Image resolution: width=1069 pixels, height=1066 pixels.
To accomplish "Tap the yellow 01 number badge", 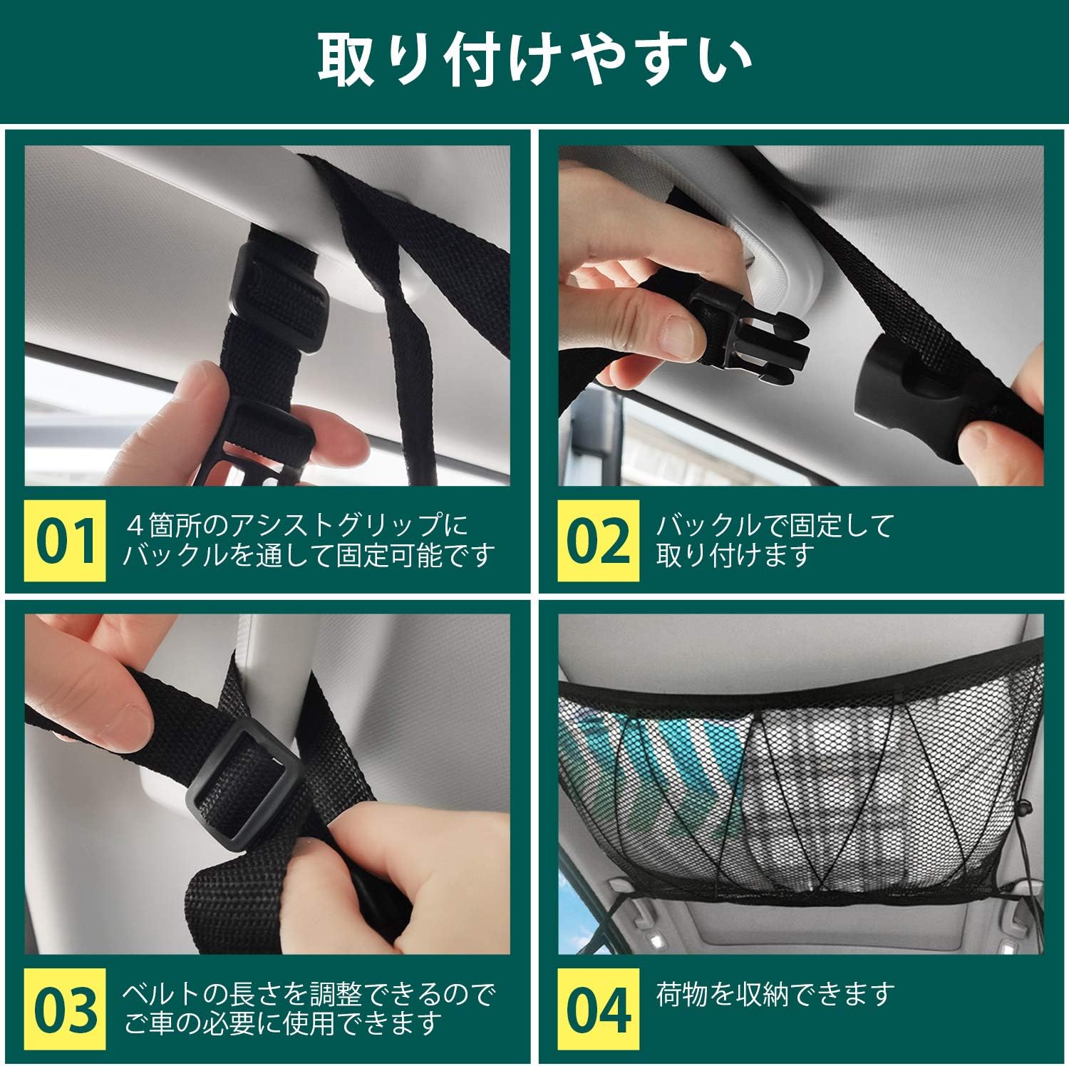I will coord(66,540).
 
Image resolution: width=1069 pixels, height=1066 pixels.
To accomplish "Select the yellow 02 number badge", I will coord(599,540).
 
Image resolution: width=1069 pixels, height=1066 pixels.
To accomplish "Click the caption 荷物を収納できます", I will coord(775,993).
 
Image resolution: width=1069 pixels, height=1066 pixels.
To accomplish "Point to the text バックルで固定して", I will coord(775,526).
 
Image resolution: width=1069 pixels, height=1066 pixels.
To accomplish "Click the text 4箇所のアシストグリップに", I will coord(297,526).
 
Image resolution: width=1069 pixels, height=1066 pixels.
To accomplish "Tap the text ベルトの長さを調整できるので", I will coord(309,993).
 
